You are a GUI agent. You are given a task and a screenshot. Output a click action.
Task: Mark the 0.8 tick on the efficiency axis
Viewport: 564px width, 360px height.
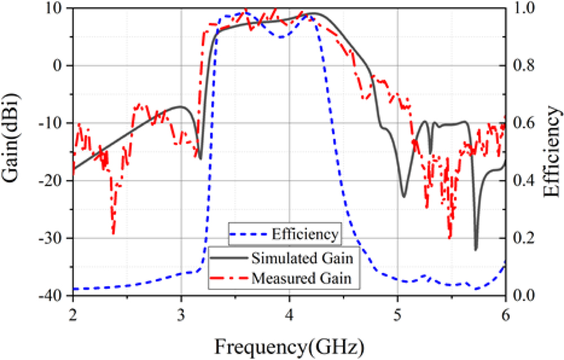coord(524,66)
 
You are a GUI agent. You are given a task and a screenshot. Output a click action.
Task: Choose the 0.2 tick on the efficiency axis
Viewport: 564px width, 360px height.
coord(524,238)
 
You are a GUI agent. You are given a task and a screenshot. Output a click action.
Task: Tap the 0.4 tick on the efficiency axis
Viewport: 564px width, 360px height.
coord(524,181)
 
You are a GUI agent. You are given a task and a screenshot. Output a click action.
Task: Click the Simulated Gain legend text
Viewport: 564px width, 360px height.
coord(303,259)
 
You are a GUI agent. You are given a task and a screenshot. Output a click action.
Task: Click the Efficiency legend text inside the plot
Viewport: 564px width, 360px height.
coord(305,233)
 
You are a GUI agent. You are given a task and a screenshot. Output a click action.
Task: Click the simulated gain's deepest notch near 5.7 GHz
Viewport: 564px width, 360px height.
coord(476,249)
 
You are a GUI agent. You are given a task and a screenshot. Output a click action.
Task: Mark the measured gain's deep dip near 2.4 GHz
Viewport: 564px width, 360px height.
coord(113,232)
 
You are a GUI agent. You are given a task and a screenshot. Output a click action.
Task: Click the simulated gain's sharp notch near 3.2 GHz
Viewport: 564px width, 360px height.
coord(200,158)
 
